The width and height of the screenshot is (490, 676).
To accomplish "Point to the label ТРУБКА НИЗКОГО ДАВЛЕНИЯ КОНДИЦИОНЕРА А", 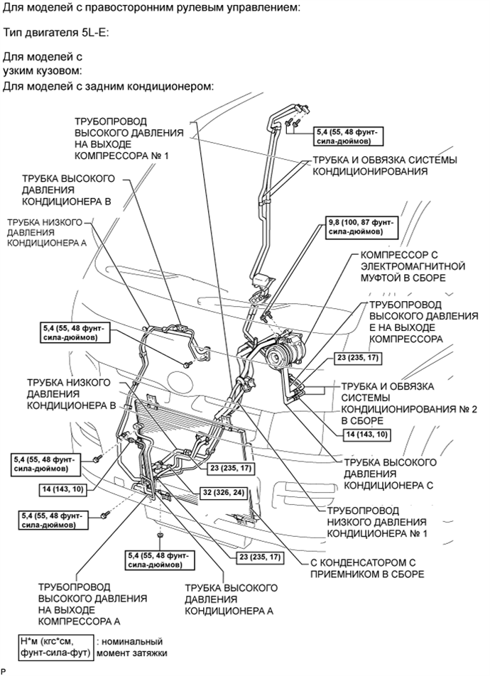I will point(45,231).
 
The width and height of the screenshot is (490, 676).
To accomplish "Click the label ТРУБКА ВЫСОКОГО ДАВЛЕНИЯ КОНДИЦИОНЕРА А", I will point(229,599).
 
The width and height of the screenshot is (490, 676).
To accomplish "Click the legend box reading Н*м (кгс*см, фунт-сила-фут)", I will point(56,647).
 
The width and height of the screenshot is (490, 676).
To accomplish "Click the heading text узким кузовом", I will point(42,71).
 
